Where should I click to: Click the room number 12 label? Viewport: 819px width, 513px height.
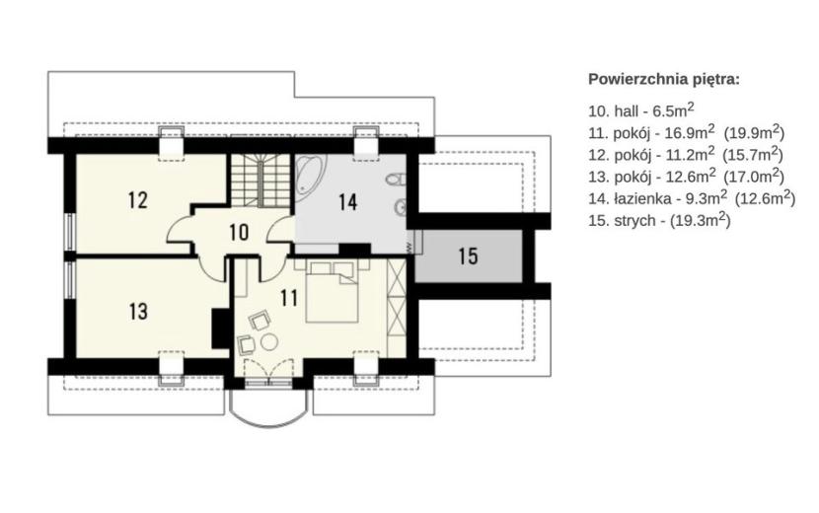[138, 200]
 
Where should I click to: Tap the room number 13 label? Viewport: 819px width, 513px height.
[138, 312]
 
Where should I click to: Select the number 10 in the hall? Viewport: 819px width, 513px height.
[239, 232]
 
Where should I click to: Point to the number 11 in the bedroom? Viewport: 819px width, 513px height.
[289, 298]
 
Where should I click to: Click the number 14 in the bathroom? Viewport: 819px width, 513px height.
[348, 202]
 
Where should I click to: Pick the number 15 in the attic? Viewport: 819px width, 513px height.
[468, 256]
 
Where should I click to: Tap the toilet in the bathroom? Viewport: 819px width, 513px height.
[397, 180]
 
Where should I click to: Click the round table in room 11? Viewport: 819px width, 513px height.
[270, 342]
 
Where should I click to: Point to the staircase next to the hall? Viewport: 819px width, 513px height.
[261, 181]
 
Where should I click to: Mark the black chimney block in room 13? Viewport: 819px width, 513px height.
[219, 329]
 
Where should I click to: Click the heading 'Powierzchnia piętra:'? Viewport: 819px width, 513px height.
[664, 79]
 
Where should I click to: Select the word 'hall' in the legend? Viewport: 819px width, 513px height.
[627, 110]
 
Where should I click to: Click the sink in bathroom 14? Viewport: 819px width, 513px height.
[400, 207]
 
